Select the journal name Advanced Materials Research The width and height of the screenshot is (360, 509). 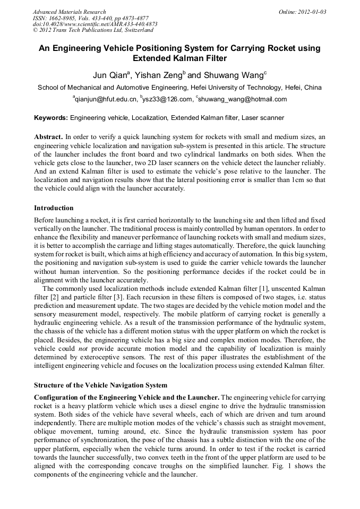tap(69, 12)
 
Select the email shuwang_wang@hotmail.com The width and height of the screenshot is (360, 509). tap(242, 99)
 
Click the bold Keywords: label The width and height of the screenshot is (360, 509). tap(51, 118)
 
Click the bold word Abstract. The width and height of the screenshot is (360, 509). tap(48, 136)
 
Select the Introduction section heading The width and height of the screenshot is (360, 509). tap(54, 208)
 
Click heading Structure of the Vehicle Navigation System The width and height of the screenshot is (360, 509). tap(100, 385)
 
